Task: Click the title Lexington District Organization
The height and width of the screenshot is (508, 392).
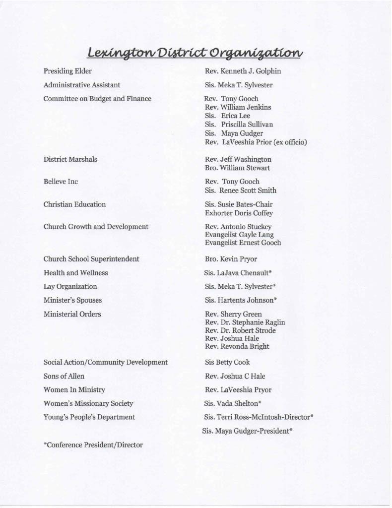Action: pos(194,52)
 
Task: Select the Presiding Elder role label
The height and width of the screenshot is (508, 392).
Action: pos(67,71)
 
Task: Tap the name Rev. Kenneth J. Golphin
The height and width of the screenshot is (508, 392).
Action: pos(243,71)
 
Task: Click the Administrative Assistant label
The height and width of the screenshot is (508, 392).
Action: pos(82,85)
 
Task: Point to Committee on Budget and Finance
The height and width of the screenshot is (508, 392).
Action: pos(97,99)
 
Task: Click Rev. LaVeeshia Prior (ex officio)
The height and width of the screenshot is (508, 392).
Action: pos(256,142)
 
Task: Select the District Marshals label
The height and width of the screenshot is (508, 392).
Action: pos(70,159)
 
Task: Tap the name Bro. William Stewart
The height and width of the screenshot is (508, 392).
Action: pos(237,168)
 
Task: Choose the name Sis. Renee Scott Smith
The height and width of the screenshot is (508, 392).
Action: pos(241,190)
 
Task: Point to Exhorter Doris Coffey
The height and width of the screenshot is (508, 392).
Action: pos(239,213)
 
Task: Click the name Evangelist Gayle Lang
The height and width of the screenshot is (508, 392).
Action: pos(239,235)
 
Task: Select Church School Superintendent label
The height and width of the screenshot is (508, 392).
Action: pos(91,259)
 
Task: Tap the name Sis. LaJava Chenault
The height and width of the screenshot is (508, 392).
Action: pos(238,273)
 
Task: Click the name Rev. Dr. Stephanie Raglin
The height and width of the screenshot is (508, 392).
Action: pos(245,322)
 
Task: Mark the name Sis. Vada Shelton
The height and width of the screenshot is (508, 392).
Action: pos(233,404)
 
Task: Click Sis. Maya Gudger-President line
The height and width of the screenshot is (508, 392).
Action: pos(247,431)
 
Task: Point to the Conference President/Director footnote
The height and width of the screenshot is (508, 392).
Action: pos(93,445)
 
